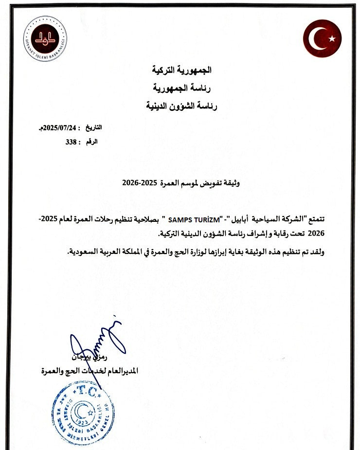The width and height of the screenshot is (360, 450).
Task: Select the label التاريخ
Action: (x=94, y=128)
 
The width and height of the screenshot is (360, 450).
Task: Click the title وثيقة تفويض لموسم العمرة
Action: (x=199, y=183)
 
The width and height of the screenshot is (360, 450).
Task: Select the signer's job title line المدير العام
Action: (x=90, y=371)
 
